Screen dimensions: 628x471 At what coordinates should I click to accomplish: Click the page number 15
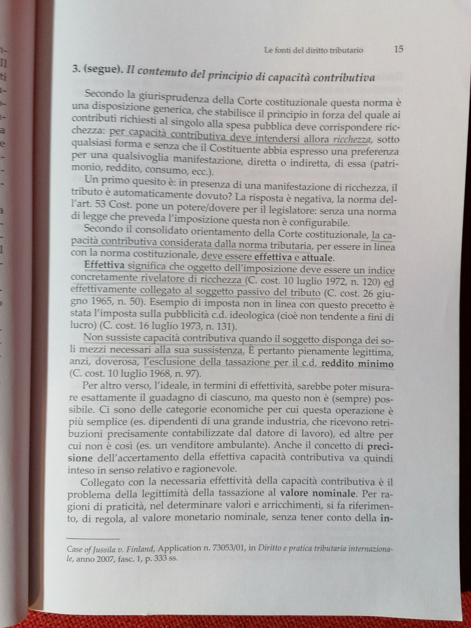[x=398, y=49]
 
